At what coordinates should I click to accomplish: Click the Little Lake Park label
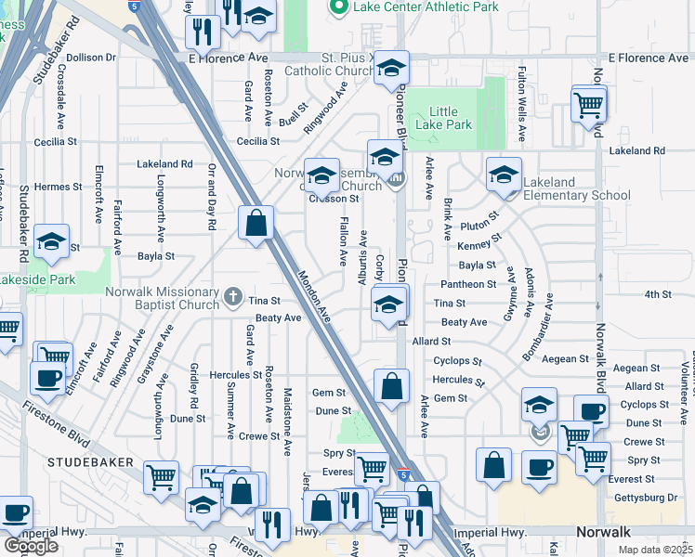coord(444,118)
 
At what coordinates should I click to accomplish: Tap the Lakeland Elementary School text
coord(576,188)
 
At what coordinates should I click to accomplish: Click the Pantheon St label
coord(468,284)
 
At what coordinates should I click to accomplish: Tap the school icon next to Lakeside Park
coord(52,242)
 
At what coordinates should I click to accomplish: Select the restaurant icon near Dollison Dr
coord(202,32)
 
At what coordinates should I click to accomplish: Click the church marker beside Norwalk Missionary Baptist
coord(233,297)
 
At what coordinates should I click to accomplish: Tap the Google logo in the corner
coord(31,546)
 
